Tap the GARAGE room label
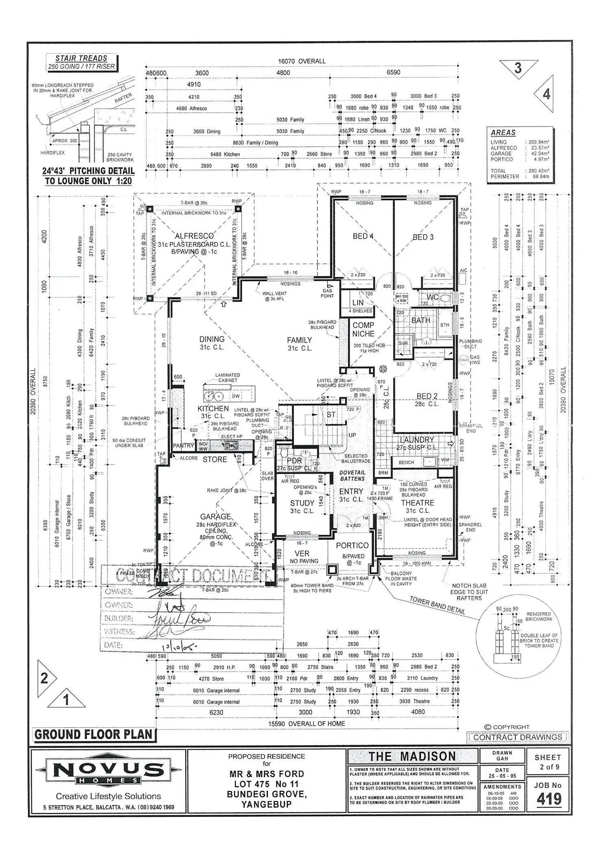(215, 516)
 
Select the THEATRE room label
(418, 503)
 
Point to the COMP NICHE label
(363, 330)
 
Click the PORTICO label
(352, 546)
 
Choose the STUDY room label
(302, 503)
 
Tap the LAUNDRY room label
(417, 440)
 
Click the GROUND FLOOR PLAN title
(94, 734)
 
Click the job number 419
(549, 799)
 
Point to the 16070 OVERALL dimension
(302, 61)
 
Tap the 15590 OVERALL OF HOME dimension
(306, 724)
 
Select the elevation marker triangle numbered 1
(66, 700)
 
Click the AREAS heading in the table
(503, 133)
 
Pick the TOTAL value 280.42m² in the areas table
(538, 171)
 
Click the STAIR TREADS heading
(81, 58)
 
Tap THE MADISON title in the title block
(412, 756)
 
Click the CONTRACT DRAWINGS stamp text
(518, 737)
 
